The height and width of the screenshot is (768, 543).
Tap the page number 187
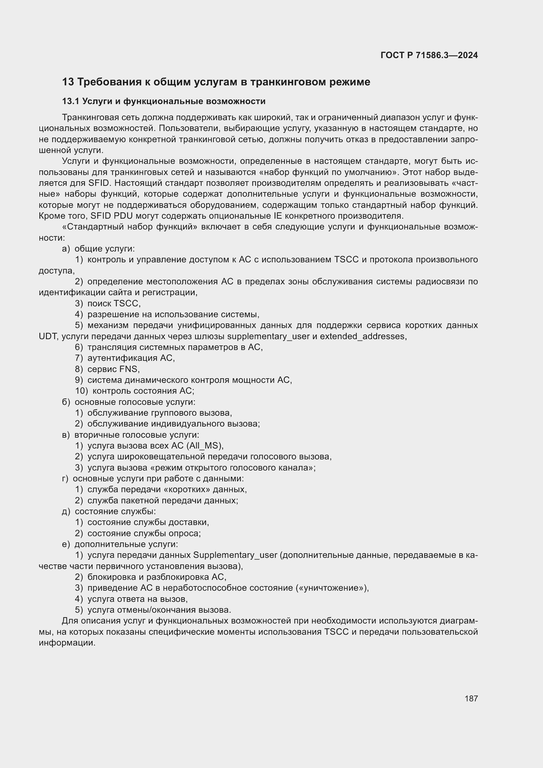pos(471,698)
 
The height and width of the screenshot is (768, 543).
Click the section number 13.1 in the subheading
pos(71,101)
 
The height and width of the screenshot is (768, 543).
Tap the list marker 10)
pos(81,391)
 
